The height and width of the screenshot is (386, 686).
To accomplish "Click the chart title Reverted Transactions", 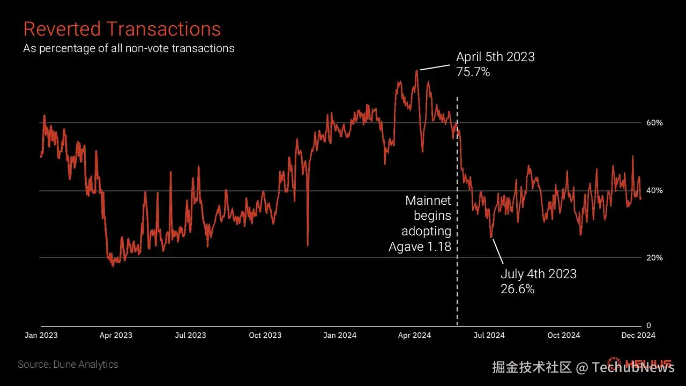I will [122, 29].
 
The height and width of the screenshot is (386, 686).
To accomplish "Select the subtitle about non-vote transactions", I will [129, 48].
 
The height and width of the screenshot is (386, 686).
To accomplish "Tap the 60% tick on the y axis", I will [654, 123].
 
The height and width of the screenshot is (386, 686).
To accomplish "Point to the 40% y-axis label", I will [654, 190].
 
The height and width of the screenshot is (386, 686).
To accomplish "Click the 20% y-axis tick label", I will [654, 258].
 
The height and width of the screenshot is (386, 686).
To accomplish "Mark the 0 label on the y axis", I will [648, 325].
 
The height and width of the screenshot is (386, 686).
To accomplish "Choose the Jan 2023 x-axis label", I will [41, 336].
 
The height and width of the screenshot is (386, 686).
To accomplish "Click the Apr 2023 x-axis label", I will [116, 336].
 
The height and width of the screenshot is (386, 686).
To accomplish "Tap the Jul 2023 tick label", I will [190, 336].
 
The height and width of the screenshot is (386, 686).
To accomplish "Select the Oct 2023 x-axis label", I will [265, 336].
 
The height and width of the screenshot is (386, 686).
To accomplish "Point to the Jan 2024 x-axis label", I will [340, 336].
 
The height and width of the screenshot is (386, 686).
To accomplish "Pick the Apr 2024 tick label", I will [414, 336].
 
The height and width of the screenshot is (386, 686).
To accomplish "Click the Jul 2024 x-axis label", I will [489, 336].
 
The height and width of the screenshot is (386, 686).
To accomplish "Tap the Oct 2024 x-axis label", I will [564, 336].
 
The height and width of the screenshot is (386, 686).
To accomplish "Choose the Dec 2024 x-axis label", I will [638, 336].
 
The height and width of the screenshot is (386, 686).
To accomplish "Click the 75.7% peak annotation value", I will [473, 72].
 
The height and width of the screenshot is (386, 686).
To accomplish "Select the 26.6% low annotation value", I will [518, 289].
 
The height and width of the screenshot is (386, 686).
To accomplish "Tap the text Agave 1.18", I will [420, 247].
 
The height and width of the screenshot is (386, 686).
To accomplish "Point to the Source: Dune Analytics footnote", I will [68, 365].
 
